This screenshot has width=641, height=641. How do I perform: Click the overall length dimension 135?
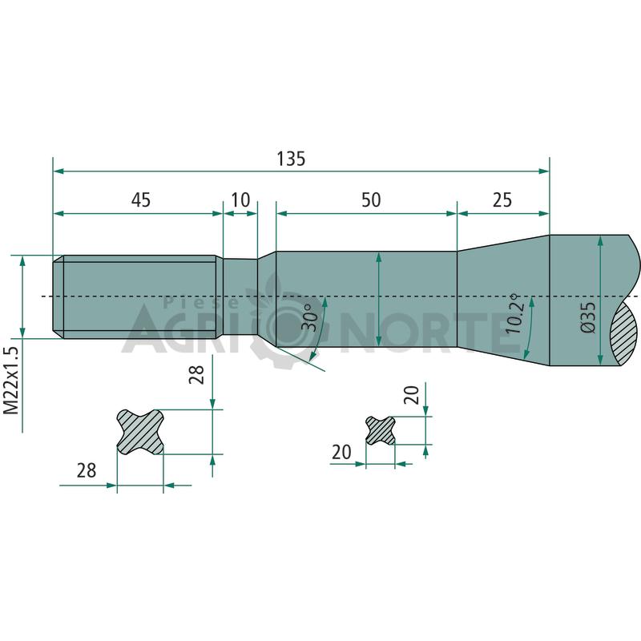coord(291,159)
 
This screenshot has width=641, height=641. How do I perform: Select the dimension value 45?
coord(141,200)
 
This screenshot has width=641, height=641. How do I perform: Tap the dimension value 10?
coord(240,200)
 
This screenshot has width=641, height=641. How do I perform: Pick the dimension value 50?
coord(371,200)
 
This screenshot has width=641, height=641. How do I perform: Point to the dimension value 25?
coord(502,200)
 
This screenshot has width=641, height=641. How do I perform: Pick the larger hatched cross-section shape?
coord(140,431)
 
